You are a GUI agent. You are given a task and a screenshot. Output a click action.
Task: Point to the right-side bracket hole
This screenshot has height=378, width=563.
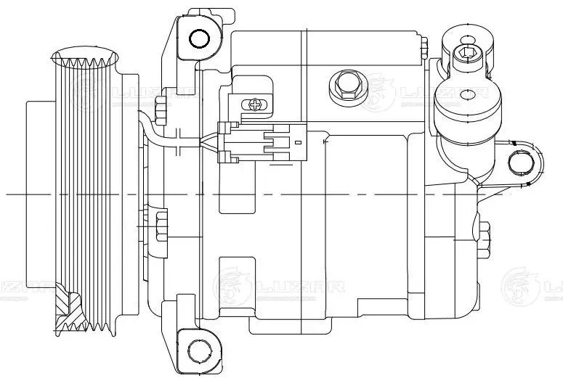coord(520,162)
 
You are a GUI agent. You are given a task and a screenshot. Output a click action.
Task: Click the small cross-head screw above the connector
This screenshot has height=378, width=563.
coord(255,104)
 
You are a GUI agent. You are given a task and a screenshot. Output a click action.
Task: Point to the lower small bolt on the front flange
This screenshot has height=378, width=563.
coord(161,225)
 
